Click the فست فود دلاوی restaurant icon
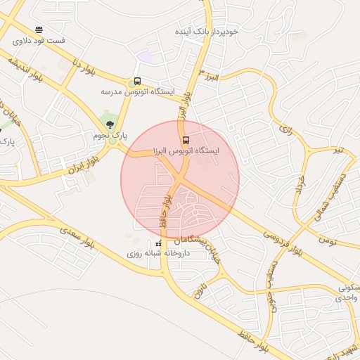[x=39, y=30]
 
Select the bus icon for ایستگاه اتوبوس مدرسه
[x=137, y=81]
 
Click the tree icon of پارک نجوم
[x=109, y=124]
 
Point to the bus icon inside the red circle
[x=186, y=139]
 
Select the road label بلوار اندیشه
[x=25, y=70]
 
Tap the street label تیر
[x=340, y=150]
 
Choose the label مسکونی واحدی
[x=349, y=293]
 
